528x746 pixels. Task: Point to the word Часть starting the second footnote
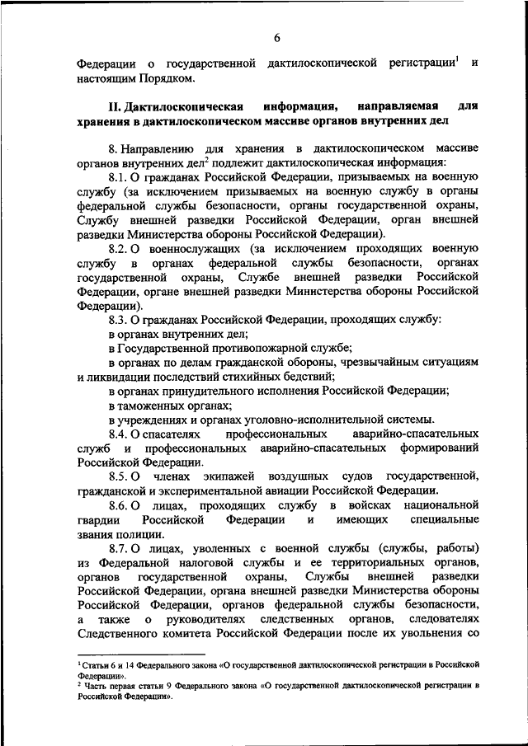pos(97,685)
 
